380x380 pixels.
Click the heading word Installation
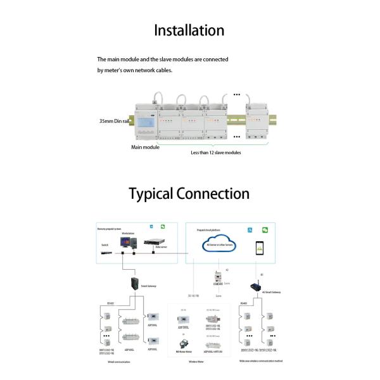click(189, 30)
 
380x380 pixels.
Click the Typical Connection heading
click(189, 193)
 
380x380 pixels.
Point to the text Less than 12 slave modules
click(216, 153)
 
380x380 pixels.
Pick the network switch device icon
click(106, 252)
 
